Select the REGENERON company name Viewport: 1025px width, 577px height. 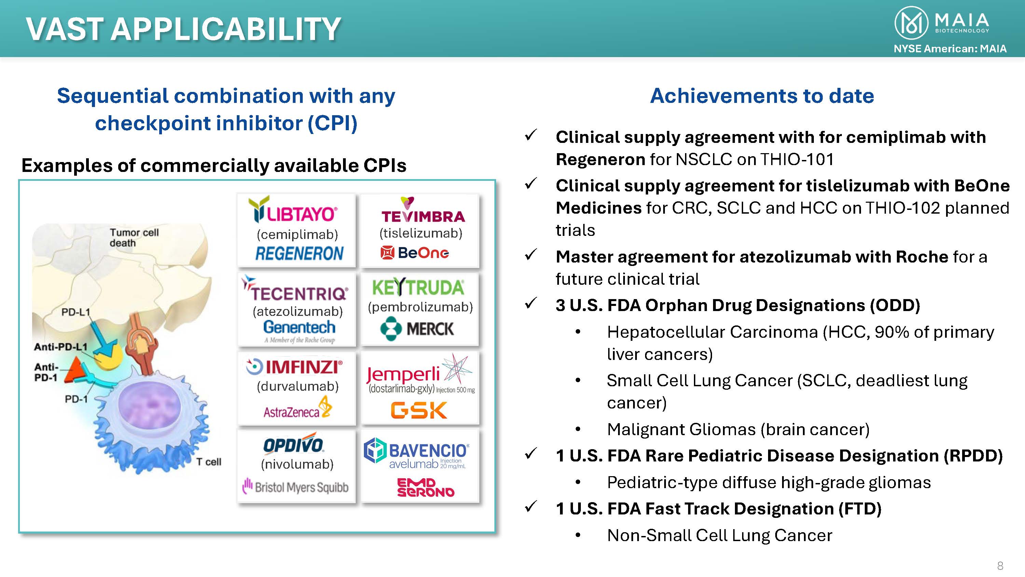299,254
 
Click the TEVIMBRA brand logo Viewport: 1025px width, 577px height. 423,210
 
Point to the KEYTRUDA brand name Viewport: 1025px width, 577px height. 418,287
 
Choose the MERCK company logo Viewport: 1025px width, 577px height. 416,328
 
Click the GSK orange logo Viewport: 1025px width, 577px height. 419,410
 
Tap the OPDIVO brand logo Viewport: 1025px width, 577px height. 293,443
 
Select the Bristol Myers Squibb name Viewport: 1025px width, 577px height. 295,487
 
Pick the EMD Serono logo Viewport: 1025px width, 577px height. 425,487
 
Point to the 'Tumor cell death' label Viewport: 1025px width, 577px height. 134,238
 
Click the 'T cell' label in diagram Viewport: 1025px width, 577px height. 208,462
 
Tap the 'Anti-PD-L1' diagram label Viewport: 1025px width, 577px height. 60,347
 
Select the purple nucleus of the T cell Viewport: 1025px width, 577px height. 149,406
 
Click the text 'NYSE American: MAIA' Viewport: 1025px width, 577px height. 950,49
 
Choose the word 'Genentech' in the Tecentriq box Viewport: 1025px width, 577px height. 299,327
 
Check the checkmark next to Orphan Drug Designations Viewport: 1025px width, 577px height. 531,303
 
